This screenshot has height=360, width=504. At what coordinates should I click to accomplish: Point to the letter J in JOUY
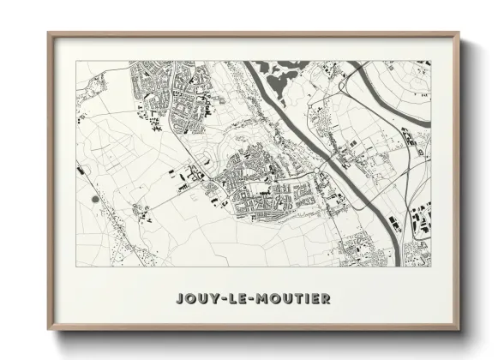178,299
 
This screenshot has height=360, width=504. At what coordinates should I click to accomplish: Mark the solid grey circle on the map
93,199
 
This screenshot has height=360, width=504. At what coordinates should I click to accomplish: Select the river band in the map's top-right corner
411,74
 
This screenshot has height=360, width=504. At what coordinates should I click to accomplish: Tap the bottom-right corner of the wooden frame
459,329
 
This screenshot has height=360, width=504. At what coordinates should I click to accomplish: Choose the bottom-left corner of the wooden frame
49,329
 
